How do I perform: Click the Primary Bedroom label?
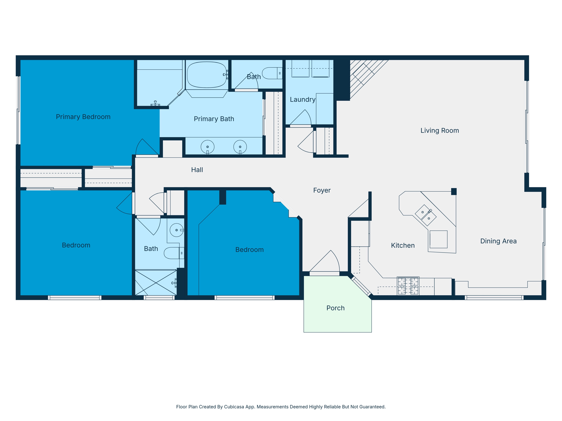(x=83, y=117)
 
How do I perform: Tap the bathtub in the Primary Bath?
(x=207, y=75)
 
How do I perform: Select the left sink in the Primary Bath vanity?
(x=207, y=147)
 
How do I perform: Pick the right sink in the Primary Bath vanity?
(x=240, y=147)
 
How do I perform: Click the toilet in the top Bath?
(x=272, y=73)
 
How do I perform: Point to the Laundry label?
(x=302, y=99)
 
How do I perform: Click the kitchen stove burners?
(x=408, y=286)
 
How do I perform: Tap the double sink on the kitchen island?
(x=426, y=215)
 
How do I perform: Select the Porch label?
(x=335, y=308)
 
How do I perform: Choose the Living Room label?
(x=440, y=130)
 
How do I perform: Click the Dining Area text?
(x=498, y=241)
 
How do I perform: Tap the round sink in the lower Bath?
(x=176, y=230)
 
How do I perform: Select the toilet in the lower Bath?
(x=173, y=253)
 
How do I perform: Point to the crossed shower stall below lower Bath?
(x=156, y=283)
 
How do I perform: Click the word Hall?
(x=197, y=170)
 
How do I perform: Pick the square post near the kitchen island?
(x=454, y=191)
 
